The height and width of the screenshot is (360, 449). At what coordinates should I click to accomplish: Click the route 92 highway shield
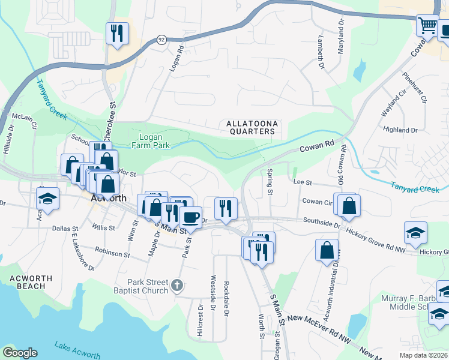[x=161, y=40]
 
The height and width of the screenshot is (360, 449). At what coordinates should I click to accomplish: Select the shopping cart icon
[x=427, y=26]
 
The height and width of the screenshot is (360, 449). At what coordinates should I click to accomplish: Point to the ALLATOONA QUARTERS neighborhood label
[x=252, y=128]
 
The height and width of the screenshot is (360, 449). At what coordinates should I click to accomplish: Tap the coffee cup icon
[x=190, y=217]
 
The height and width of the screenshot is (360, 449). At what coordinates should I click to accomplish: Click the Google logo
[x=20, y=353]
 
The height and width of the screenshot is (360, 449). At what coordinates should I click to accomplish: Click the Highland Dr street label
[x=400, y=130]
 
